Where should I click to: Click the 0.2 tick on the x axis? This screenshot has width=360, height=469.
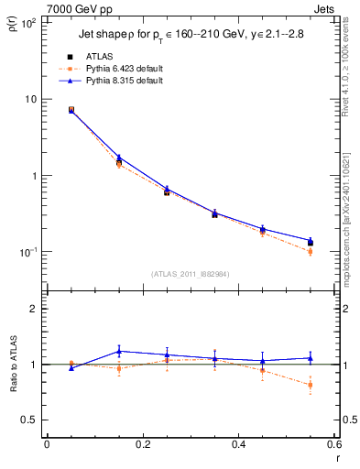[x=142, y=444]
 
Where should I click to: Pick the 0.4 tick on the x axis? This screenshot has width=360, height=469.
[x=238, y=444]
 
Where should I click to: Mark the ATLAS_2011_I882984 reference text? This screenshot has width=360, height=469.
[x=190, y=272]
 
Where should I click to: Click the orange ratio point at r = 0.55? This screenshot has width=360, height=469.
[x=310, y=385]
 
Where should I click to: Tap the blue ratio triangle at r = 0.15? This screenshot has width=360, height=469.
[x=119, y=351]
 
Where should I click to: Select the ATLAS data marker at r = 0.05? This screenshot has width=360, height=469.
[x=71, y=110]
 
